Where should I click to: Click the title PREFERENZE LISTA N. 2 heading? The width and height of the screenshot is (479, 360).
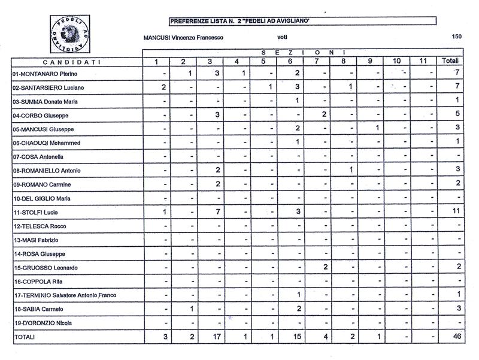(x=243, y=22)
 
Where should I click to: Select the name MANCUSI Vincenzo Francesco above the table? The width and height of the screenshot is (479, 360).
(x=183, y=37)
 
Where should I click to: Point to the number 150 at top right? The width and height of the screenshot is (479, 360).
(x=457, y=37)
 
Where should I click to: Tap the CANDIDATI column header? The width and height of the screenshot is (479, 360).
(x=72, y=61)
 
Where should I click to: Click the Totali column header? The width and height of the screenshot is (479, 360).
(x=450, y=61)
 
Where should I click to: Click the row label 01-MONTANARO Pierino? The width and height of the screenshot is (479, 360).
(x=46, y=74)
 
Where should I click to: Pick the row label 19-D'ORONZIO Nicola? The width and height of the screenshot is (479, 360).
(x=43, y=323)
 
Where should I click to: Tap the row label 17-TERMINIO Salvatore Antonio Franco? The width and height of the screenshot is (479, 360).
(x=65, y=295)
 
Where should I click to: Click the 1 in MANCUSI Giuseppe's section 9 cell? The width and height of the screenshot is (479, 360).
(x=377, y=128)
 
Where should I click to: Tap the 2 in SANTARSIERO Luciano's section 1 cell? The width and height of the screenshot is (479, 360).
(x=163, y=87)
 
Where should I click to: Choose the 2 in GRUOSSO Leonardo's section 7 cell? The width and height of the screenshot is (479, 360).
(x=325, y=267)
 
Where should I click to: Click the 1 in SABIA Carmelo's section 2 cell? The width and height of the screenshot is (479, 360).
(x=190, y=309)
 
